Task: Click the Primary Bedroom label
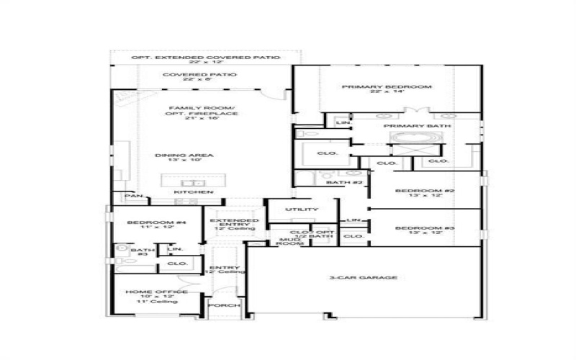coord(386,87)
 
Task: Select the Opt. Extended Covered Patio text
coord(205,57)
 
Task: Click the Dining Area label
coord(179,155)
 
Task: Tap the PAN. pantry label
coord(133,196)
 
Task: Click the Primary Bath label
coord(417,126)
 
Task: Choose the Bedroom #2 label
coord(424,191)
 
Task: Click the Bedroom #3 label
coord(424,228)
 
